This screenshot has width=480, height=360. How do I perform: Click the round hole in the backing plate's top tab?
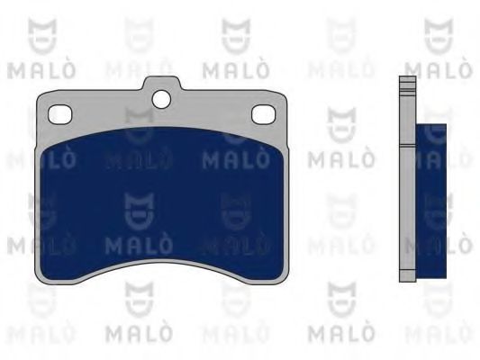coord(161,99)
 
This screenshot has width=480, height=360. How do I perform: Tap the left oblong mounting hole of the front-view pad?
coord(59,114)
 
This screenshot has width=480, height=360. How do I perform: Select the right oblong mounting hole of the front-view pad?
coord(263,114)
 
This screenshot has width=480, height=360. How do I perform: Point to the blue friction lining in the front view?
coord(162,202)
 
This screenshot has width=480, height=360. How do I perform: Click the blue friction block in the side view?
coord(430,201)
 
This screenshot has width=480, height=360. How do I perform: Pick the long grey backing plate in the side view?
coord(407,179)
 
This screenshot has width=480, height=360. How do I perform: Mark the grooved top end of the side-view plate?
coord(407,86)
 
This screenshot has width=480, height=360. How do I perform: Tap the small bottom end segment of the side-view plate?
coord(407,276)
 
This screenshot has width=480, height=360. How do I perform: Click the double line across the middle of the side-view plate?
coord(407,146)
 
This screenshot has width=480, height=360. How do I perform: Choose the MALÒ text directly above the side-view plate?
coord(439,69)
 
